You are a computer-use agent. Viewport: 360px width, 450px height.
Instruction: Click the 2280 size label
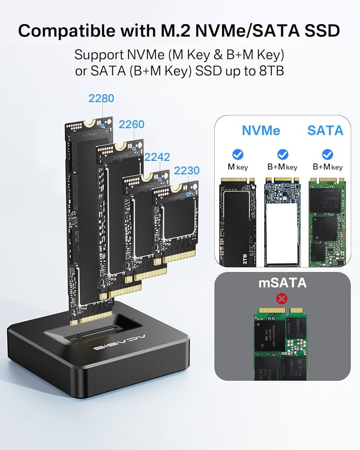101,98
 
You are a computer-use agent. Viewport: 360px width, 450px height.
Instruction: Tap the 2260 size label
131,124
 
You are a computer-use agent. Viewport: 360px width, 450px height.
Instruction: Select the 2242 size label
157,157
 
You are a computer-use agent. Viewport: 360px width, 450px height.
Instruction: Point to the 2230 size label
186,171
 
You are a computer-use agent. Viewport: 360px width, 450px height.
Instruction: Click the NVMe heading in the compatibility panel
261,130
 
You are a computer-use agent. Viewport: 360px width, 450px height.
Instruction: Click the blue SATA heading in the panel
325,130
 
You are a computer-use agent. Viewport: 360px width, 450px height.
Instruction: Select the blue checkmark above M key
238,154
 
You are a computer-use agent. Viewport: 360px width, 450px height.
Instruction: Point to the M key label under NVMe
238,167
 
